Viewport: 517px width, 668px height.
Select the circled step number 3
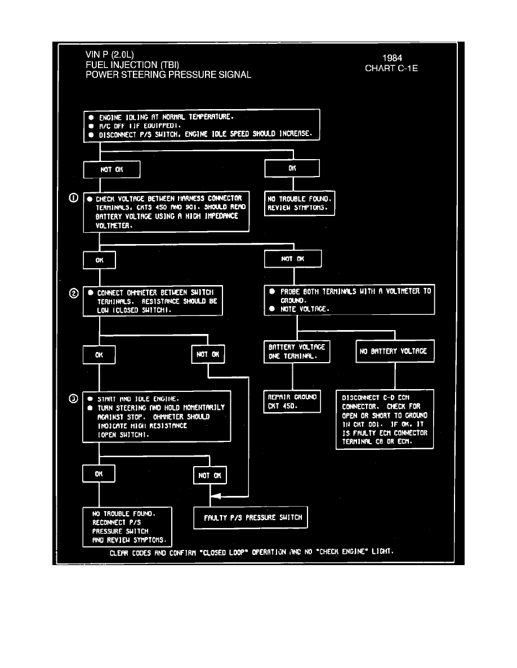coord(73,399)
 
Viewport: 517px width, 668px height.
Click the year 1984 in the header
coord(392,57)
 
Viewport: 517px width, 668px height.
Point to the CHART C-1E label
coord(391,69)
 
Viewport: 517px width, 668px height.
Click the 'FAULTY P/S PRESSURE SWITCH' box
coord(251,518)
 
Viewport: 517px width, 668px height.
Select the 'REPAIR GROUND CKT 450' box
coord(292,401)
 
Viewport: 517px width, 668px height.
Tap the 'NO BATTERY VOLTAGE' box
coord(394,351)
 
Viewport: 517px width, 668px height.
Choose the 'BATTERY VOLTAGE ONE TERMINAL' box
coord(296,351)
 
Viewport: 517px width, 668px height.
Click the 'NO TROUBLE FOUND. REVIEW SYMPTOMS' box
coord(300,204)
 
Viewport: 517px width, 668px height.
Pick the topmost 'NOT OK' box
coord(112,169)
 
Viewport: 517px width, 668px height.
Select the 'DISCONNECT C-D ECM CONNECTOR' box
coord(385,419)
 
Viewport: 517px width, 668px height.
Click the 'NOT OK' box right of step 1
coord(293,259)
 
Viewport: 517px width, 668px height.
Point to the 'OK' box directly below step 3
coord(99,474)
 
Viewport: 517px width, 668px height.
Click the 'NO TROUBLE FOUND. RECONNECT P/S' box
coord(127,527)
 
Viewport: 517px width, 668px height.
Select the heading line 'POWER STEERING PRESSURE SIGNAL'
coord(168,75)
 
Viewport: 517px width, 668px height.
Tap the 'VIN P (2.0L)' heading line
coord(110,55)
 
